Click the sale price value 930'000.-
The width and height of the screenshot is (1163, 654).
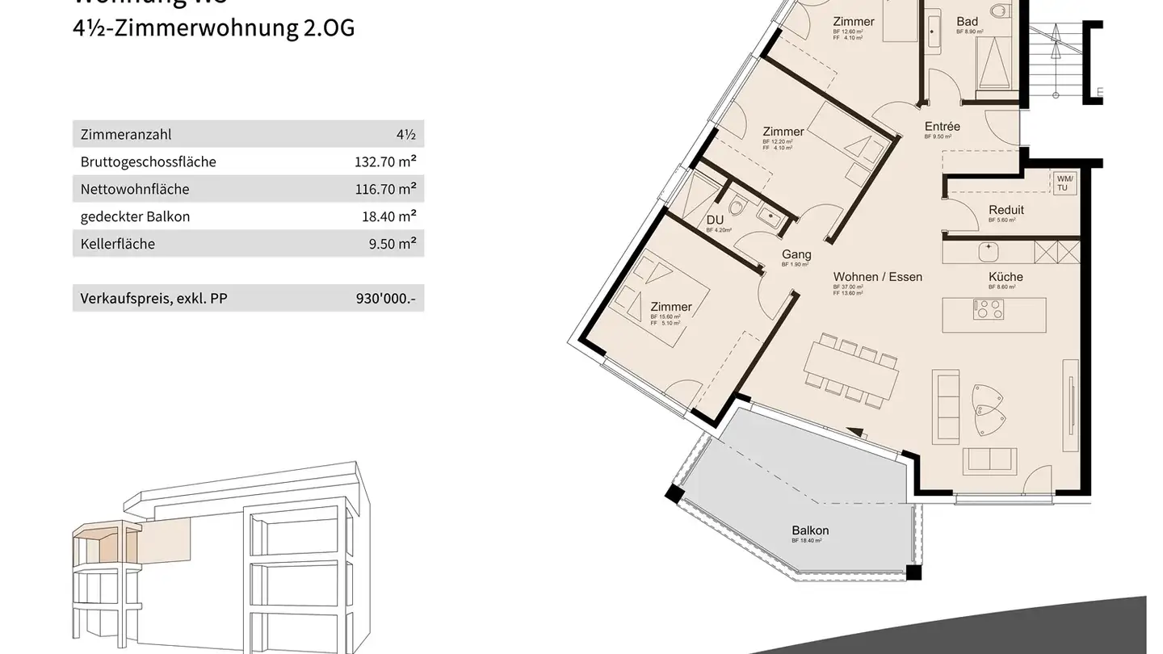coord(385,299)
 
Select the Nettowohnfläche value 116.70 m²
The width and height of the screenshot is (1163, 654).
coord(385,190)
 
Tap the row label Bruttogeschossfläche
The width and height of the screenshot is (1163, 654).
coord(148,162)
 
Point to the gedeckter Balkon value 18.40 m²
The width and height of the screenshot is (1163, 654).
coord(388,216)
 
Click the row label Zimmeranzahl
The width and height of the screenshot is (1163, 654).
coord(125,135)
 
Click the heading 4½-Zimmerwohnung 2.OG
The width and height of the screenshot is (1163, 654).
coord(214,28)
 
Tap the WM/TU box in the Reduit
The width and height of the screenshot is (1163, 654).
coord(1062,182)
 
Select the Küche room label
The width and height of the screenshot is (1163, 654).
coord(1006,277)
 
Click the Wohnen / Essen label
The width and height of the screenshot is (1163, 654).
coord(878,277)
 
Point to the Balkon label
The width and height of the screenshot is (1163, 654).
coord(810,530)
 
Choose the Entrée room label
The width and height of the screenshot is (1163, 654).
coord(942,127)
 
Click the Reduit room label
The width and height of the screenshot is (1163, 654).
coord(1006,210)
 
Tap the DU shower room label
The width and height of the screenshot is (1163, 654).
coord(715,220)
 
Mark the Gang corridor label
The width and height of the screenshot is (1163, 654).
coord(796,255)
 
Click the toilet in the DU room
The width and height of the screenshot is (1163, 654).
coord(737,208)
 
